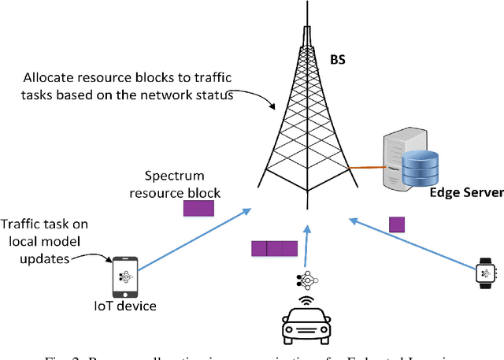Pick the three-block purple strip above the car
click(274, 249)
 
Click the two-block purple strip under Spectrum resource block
click(198, 209)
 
